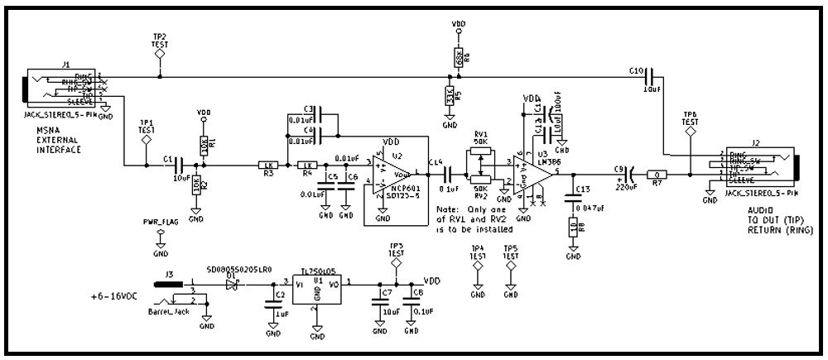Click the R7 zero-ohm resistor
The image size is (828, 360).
(x=656, y=175)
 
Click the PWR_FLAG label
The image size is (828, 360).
(x=161, y=223)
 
